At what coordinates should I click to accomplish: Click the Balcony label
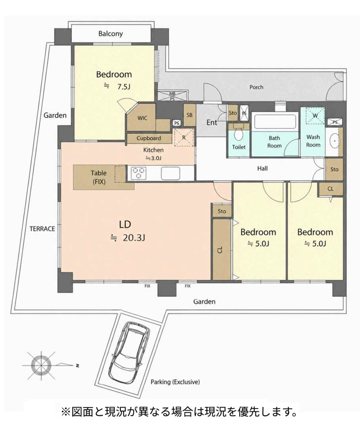[x=111, y=34]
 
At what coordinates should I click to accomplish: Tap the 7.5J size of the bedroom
[x=124, y=87]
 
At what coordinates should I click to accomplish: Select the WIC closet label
[x=142, y=118]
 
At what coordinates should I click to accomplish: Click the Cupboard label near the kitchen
[x=149, y=138]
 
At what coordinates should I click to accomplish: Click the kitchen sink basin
[x=170, y=173]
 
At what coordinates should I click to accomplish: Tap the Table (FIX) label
[x=99, y=177]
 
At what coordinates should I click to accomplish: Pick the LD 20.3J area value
[x=134, y=238]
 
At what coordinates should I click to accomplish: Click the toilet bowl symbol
[x=239, y=134]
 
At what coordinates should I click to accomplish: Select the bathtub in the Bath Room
[x=275, y=121]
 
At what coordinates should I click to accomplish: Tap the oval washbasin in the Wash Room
[x=334, y=141]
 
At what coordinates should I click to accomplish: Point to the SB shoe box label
[x=189, y=115]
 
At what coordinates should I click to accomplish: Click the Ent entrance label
[x=212, y=123]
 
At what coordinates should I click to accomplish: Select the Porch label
[x=257, y=87]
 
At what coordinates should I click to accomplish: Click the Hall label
[x=262, y=169]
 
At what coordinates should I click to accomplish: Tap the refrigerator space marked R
[x=184, y=137]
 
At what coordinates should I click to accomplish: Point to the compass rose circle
[x=41, y=365]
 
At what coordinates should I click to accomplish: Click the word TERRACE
[x=42, y=229]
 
